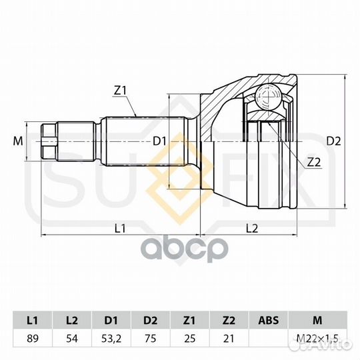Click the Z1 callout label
(x=120, y=91)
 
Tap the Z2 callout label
(x=313, y=163)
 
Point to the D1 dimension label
(x=159, y=141)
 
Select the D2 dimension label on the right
(x=333, y=141)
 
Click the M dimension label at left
(x=18, y=141)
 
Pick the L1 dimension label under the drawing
(x=120, y=228)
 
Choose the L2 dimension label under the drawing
(x=252, y=228)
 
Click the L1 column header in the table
(x=33, y=321)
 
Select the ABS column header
(x=269, y=321)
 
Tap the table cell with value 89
(x=33, y=339)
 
